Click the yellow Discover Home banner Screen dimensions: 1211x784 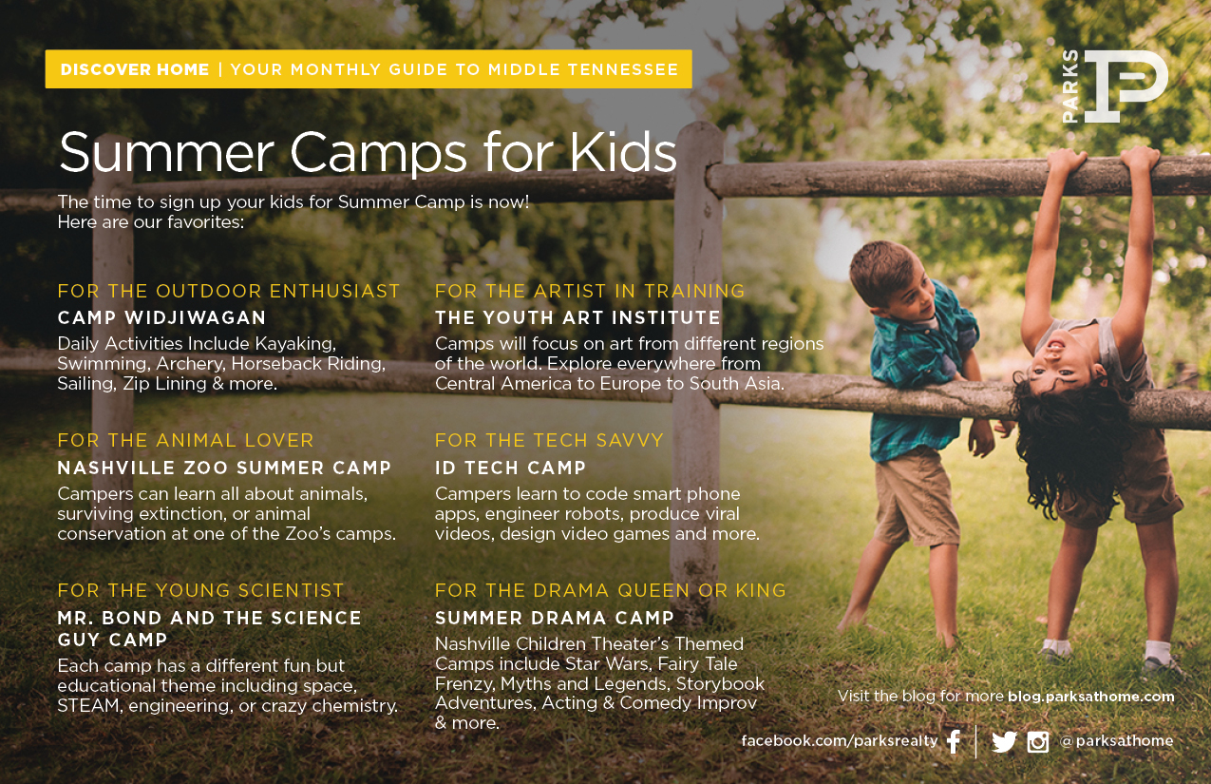(x=369, y=69)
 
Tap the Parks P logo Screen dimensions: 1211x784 (x=1116, y=86)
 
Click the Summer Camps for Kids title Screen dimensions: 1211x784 (x=368, y=153)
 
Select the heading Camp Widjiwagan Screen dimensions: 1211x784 (x=161, y=317)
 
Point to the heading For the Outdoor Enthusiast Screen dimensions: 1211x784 (x=229, y=291)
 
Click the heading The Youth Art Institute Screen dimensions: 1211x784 (x=577, y=317)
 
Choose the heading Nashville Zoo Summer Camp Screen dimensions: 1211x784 (x=224, y=468)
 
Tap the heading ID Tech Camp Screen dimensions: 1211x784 (x=510, y=468)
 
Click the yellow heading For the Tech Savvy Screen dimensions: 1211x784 (x=549, y=440)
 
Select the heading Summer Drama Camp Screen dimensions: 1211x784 (x=554, y=618)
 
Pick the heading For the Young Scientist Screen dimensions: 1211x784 (x=200, y=590)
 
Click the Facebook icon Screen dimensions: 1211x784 (x=955, y=741)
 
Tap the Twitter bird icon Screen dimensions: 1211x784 (x=1005, y=742)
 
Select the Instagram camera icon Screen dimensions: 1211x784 (x=1038, y=742)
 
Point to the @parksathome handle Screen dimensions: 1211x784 (x=1117, y=740)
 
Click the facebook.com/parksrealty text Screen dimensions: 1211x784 (x=840, y=740)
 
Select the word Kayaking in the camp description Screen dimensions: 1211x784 (x=295, y=344)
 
